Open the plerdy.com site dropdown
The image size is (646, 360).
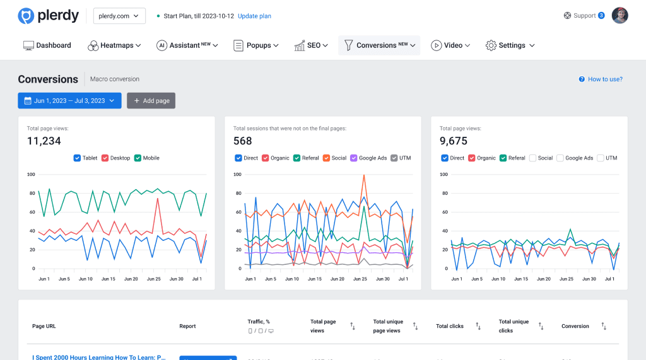point(119,16)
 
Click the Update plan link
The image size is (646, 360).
point(254,16)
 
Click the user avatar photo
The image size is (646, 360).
point(620,16)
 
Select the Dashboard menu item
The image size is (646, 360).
point(47,45)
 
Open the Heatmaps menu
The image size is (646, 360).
point(114,45)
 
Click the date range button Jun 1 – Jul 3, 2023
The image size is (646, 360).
point(69,100)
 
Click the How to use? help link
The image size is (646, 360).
point(601,79)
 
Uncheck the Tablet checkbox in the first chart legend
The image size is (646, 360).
point(78,158)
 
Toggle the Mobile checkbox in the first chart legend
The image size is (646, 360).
point(138,158)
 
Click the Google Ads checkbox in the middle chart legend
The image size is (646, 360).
point(354,158)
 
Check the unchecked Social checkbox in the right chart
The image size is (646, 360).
point(533,158)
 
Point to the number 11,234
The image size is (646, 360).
point(44,141)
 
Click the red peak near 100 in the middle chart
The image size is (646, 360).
point(364,176)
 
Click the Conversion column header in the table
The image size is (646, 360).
point(575,326)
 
